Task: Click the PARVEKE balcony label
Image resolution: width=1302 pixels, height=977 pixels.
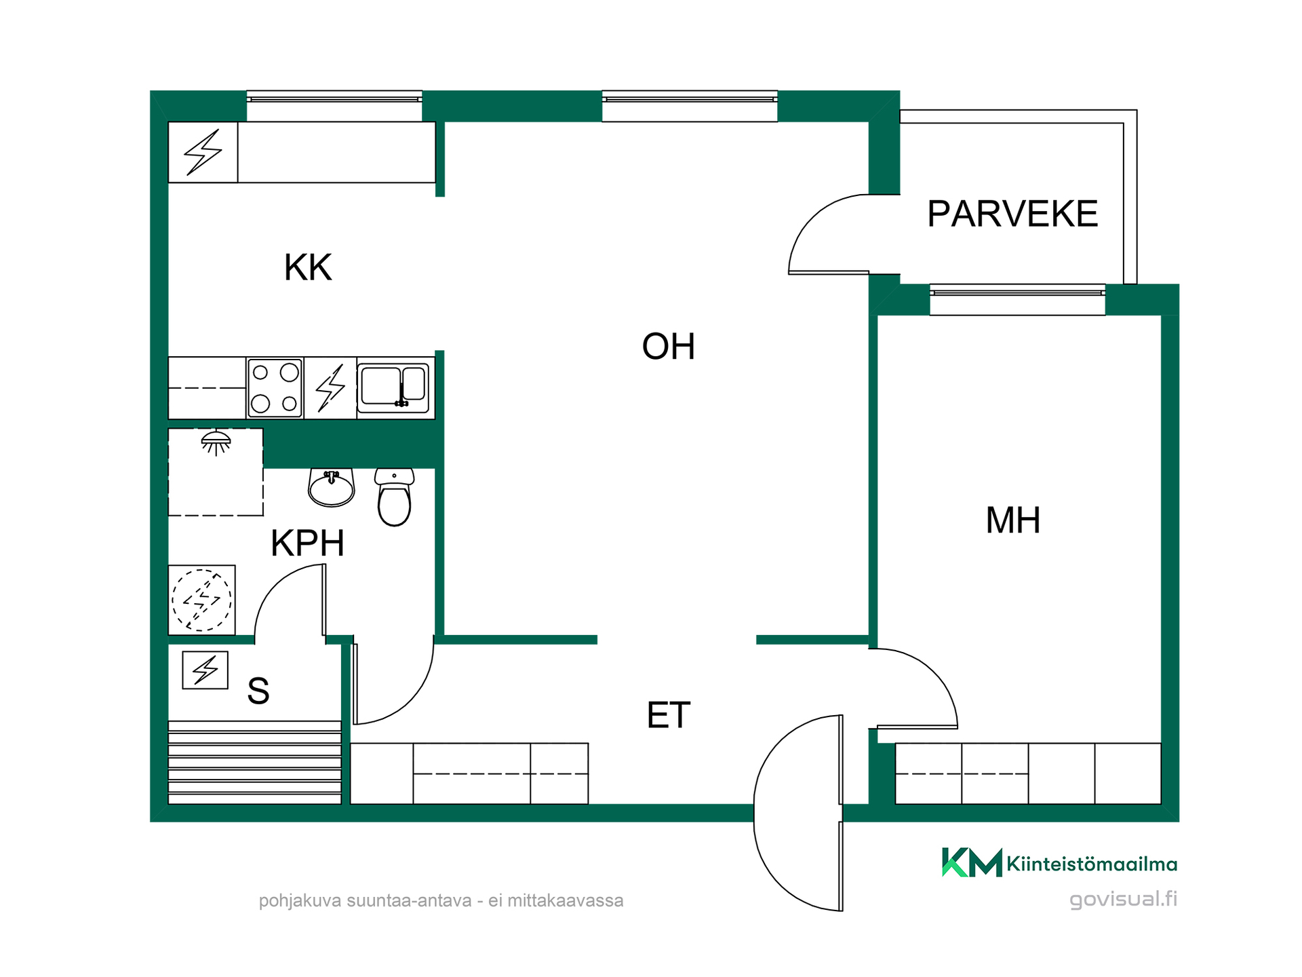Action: pyautogui.click(x=1012, y=214)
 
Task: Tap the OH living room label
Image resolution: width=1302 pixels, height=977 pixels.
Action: pyautogui.click(x=669, y=346)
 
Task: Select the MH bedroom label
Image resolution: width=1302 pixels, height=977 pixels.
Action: pyautogui.click(x=1012, y=520)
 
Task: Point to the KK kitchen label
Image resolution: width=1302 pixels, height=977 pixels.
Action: pyautogui.click(x=308, y=267)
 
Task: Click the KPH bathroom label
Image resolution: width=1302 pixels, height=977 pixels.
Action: pyautogui.click(x=308, y=543)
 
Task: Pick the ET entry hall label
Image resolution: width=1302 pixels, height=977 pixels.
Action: pyautogui.click(x=669, y=715)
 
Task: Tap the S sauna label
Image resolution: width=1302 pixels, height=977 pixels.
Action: pyautogui.click(x=258, y=691)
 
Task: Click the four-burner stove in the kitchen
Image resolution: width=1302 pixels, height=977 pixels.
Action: pyautogui.click(x=275, y=388)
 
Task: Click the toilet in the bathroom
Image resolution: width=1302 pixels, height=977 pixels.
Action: pyautogui.click(x=394, y=497)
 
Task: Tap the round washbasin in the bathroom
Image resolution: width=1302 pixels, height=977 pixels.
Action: pyautogui.click(x=331, y=488)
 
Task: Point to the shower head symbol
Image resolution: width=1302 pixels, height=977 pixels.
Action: pyautogui.click(x=216, y=442)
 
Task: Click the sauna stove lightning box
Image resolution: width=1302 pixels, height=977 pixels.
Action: pyautogui.click(x=205, y=670)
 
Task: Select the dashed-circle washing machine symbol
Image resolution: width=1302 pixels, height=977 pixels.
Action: pyautogui.click(x=201, y=600)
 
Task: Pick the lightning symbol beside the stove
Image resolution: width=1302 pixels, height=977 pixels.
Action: pyautogui.click(x=331, y=388)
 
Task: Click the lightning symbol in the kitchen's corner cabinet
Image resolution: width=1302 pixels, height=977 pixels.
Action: pyautogui.click(x=203, y=152)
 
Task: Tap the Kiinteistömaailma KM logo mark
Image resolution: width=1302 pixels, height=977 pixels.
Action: pyautogui.click(x=972, y=862)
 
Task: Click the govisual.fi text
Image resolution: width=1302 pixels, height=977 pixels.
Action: pyautogui.click(x=1123, y=899)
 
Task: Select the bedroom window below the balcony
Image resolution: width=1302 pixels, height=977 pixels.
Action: pyautogui.click(x=1017, y=299)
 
